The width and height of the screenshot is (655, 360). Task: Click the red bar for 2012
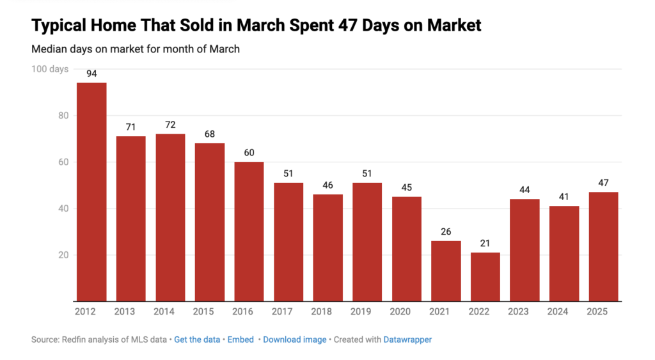pos(91,192)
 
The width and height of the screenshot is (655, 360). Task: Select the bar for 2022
pos(485,277)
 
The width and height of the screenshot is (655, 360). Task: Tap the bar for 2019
pos(367,242)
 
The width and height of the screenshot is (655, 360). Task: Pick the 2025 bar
pos(603,246)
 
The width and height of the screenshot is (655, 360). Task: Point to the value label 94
pos(91,74)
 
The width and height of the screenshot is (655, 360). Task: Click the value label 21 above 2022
pos(485,244)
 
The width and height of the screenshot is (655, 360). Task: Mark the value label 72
pos(170,125)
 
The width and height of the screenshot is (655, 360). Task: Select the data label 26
pos(446,232)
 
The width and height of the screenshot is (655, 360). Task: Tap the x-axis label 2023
pos(525,311)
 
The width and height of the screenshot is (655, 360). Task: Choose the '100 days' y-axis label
pos(50,69)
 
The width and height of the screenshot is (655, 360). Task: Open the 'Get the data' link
pos(198,340)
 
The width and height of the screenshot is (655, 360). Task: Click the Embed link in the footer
pos(241,340)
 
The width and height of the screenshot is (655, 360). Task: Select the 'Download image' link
pos(294,340)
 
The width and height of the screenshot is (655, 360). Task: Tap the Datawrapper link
pos(407,340)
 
